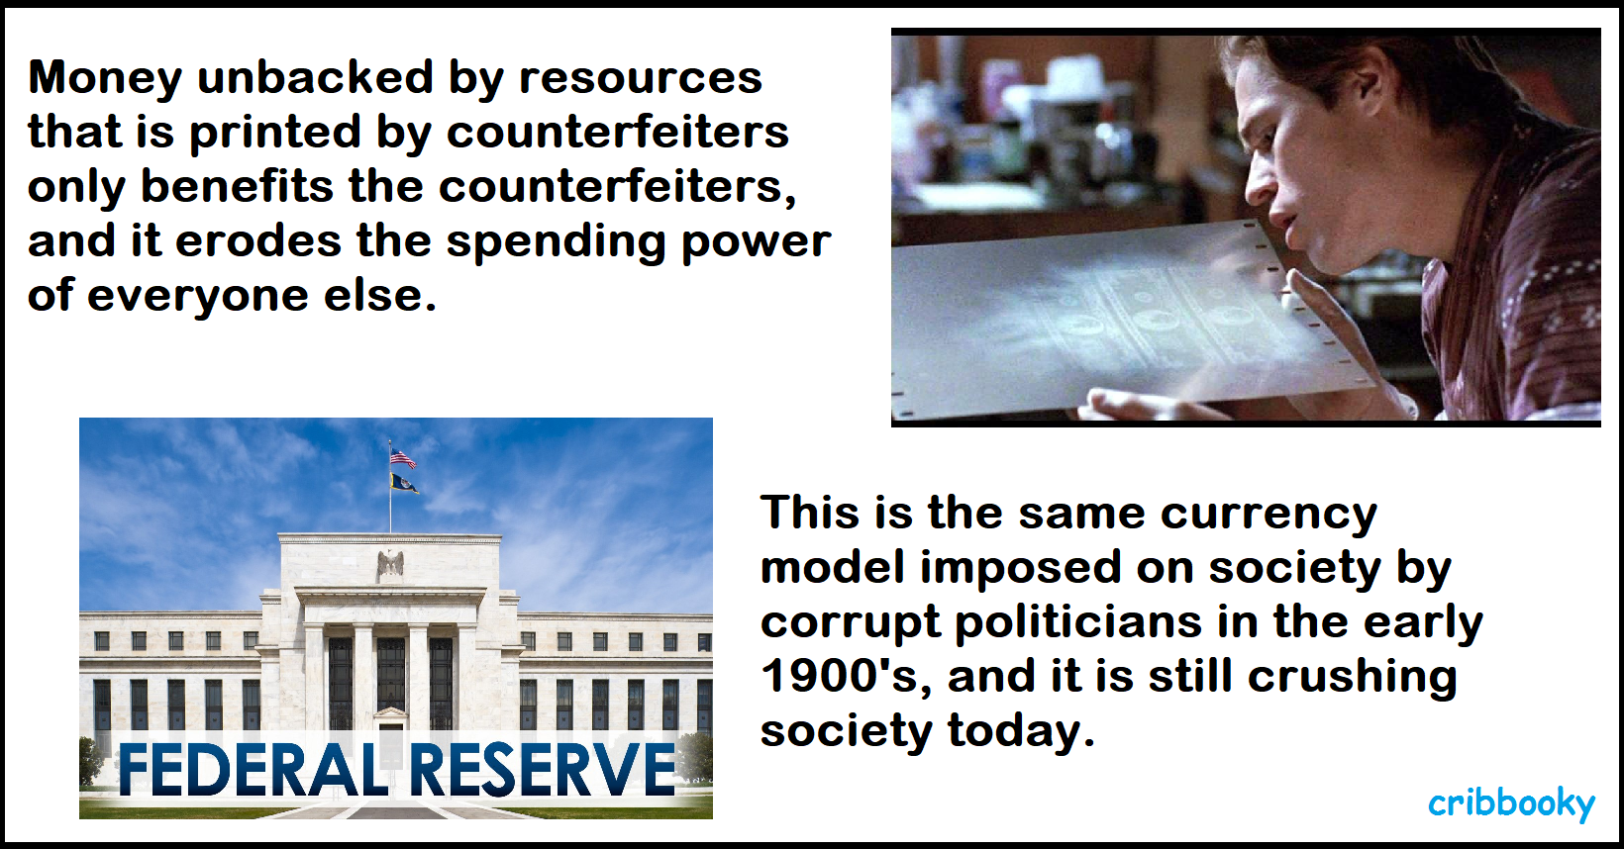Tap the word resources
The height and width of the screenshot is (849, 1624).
point(641,77)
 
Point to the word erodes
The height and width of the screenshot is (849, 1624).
point(258,240)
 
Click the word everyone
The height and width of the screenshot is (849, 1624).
point(198,296)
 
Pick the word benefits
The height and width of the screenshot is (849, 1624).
point(237,186)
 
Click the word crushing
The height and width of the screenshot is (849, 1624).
point(1352,677)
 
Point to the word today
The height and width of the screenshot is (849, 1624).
point(1021,730)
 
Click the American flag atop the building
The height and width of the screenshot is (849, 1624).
point(403,458)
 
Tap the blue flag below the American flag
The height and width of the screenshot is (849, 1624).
point(404,483)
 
